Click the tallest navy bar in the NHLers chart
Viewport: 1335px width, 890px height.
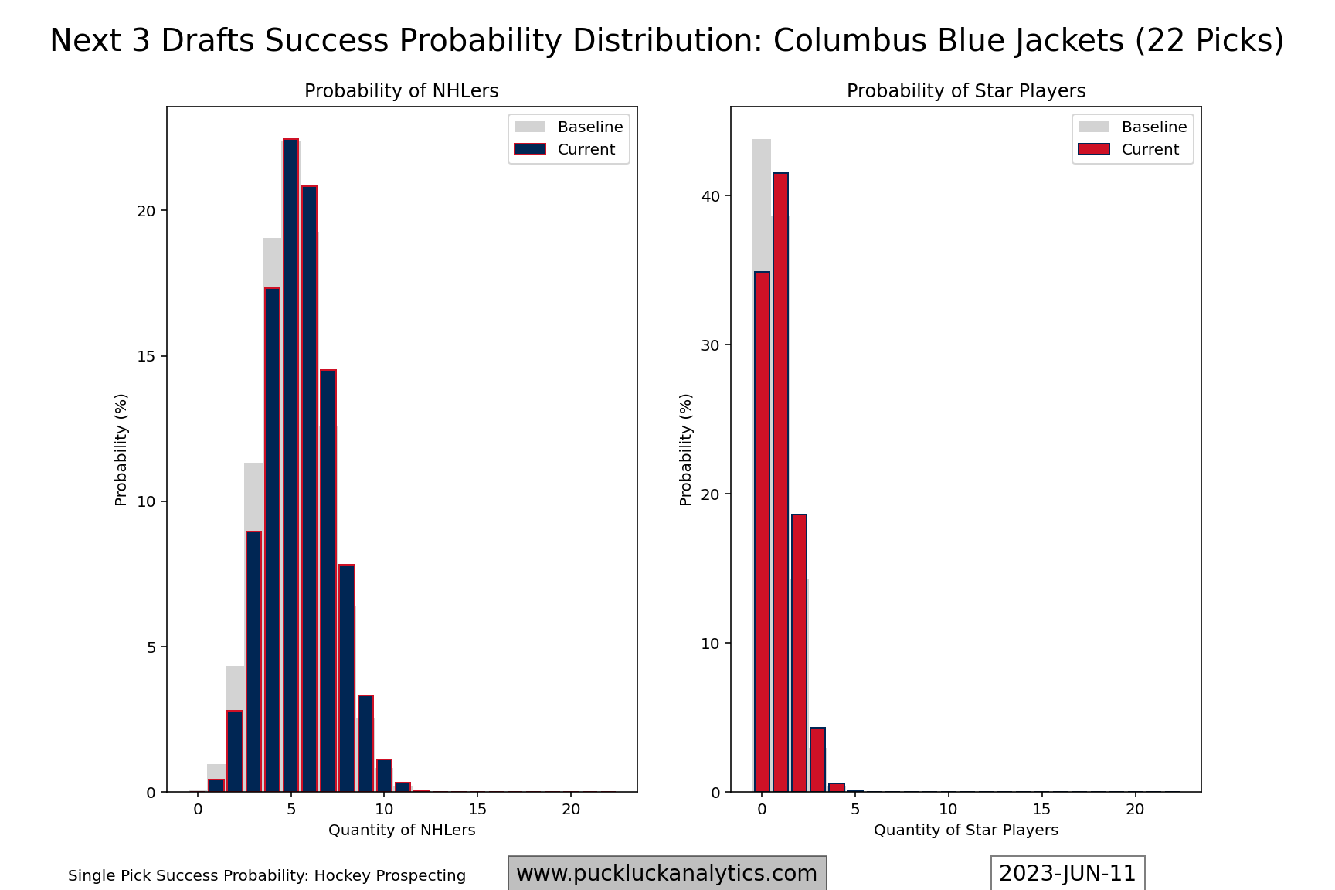click(x=290, y=465)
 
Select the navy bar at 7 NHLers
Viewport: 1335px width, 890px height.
click(x=328, y=581)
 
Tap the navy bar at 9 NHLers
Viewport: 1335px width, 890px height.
click(x=365, y=743)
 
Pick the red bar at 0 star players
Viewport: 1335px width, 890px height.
click(x=762, y=532)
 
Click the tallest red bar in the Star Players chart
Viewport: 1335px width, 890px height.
click(x=780, y=482)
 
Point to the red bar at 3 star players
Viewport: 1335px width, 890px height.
click(x=817, y=759)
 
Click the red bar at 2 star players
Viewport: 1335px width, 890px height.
click(x=799, y=653)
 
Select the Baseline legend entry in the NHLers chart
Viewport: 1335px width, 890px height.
click(x=569, y=127)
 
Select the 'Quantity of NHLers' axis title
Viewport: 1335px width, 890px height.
click(x=402, y=830)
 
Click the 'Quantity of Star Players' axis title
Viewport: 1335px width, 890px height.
click(x=966, y=830)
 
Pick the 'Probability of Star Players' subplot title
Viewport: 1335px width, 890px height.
click(x=966, y=91)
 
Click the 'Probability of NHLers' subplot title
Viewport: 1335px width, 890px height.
click(x=402, y=91)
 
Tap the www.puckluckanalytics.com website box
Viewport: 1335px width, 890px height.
click(x=667, y=873)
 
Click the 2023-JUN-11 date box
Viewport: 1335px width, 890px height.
click(x=1068, y=873)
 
